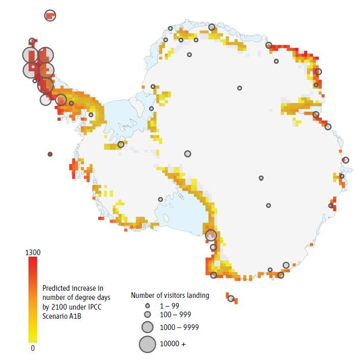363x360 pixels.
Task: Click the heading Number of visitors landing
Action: pos(170,295)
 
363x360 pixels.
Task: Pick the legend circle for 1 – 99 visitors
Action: pos(148,306)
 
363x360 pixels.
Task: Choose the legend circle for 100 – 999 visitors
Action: pos(148,314)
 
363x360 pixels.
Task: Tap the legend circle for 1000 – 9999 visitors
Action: pos(148,327)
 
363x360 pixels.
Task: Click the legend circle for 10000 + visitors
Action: pos(148,344)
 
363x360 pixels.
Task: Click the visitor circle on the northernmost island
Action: pos(50,15)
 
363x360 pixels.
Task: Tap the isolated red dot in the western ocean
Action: pos(50,154)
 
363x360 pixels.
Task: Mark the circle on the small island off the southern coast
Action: pos(231,298)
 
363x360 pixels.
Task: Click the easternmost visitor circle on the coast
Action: pos(346,160)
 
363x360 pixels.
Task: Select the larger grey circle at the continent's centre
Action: pos(188,154)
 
